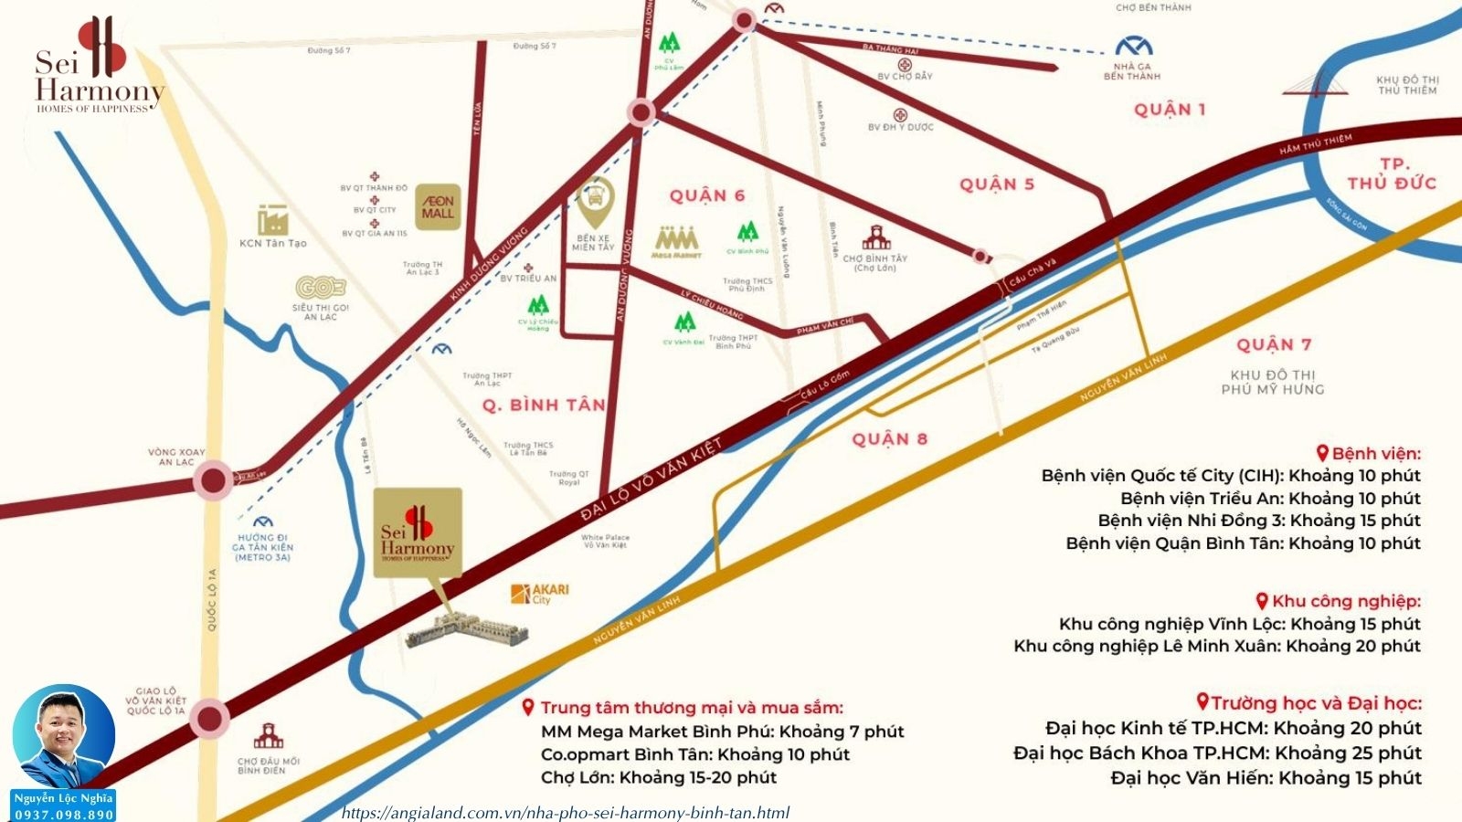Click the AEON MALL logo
tap(438, 207)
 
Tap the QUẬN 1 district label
tap(1169, 110)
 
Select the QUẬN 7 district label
tap(1274, 344)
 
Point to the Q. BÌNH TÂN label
tap(544, 405)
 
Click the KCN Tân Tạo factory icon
tap(272, 220)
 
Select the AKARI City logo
tap(540, 594)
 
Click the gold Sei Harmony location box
tap(418, 532)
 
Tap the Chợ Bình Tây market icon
tap(875, 238)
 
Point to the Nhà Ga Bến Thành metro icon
tap(1133, 46)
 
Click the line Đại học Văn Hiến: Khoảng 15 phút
tap(1266, 778)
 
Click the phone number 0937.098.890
tap(64, 814)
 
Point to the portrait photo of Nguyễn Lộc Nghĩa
tap(64, 736)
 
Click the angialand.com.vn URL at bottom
tap(566, 812)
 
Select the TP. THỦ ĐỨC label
tap(1391, 174)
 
